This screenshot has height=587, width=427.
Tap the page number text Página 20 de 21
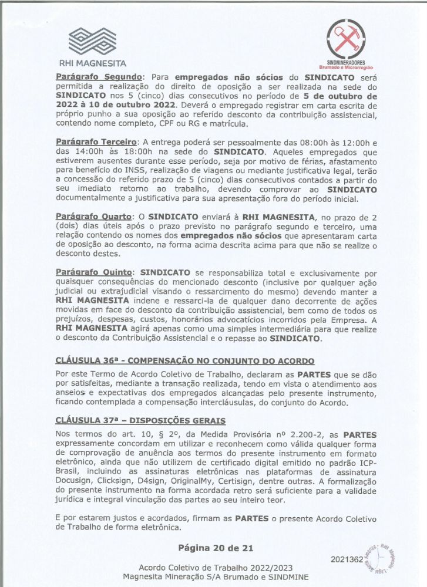point(216,548)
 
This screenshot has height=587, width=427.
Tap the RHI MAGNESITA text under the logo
point(92,63)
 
